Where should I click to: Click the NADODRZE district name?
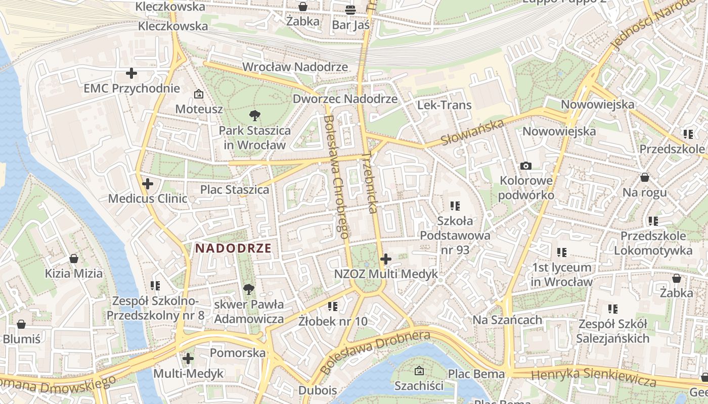click(x=234, y=248)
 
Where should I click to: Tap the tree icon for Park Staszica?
click(x=255, y=116)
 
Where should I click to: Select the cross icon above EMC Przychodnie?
click(x=131, y=73)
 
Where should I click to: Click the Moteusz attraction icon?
click(x=199, y=94)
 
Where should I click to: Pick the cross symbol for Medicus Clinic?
click(x=148, y=184)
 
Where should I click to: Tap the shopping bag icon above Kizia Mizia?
click(x=74, y=259)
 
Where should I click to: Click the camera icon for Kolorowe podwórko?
click(x=526, y=166)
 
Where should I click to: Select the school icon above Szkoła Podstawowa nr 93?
click(x=455, y=206)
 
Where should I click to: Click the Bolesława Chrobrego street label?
click(x=336, y=177)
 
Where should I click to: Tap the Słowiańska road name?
click(x=473, y=132)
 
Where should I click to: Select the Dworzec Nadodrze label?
click(x=345, y=98)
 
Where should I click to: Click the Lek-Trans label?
click(x=444, y=105)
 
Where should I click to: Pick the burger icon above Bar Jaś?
click(x=350, y=10)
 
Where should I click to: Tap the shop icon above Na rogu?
click(x=645, y=177)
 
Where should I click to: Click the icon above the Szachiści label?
click(x=419, y=371)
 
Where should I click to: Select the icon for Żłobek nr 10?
click(x=333, y=306)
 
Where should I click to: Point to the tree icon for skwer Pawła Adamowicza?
click(x=248, y=289)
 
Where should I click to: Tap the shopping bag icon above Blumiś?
click(x=21, y=324)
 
